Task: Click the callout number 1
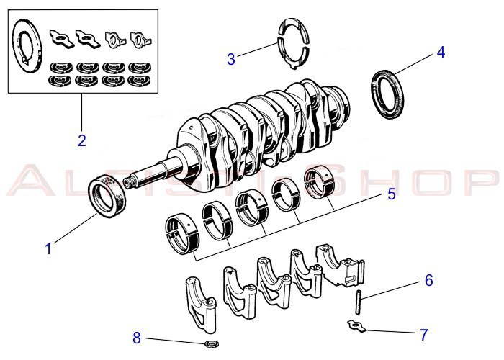click(x=48, y=249)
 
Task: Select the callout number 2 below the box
click(x=82, y=140)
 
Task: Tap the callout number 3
click(x=230, y=59)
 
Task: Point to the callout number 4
click(x=441, y=52)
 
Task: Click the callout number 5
click(x=391, y=194)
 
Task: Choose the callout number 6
click(x=428, y=280)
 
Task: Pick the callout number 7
click(x=423, y=334)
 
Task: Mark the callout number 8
click(x=137, y=337)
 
